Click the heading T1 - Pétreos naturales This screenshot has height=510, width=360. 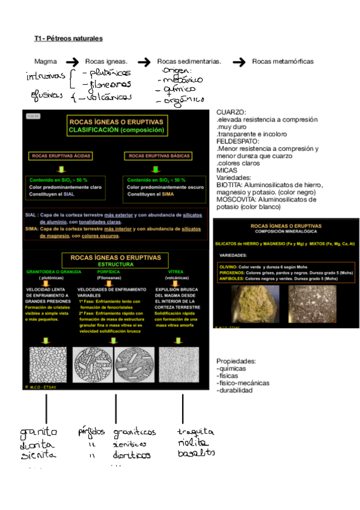click(69, 38)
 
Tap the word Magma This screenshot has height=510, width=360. click(46, 61)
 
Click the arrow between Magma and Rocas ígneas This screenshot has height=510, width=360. click(72, 61)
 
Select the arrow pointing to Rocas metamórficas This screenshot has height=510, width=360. click(239, 61)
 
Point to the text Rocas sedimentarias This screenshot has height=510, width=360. click(189, 61)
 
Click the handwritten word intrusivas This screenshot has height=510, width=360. click(44, 77)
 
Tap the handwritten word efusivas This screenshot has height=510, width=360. click(46, 95)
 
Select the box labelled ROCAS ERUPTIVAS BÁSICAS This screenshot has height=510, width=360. click(155, 156)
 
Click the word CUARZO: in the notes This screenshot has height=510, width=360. click(231, 112)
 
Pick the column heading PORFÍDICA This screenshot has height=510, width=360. click(109, 272)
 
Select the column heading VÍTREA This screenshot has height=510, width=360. click(175, 272)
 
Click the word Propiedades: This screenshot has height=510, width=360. click(236, 361)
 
